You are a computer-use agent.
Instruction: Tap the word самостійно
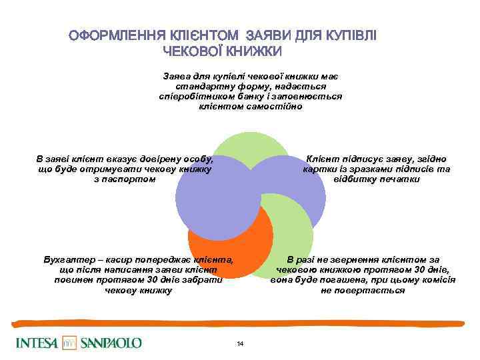[x=273, y=106]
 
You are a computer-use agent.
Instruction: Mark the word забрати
[x=191, y=281]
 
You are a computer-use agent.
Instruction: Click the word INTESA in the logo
[x=38, y=343]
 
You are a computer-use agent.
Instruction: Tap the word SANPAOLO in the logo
[x=111, y=343]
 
